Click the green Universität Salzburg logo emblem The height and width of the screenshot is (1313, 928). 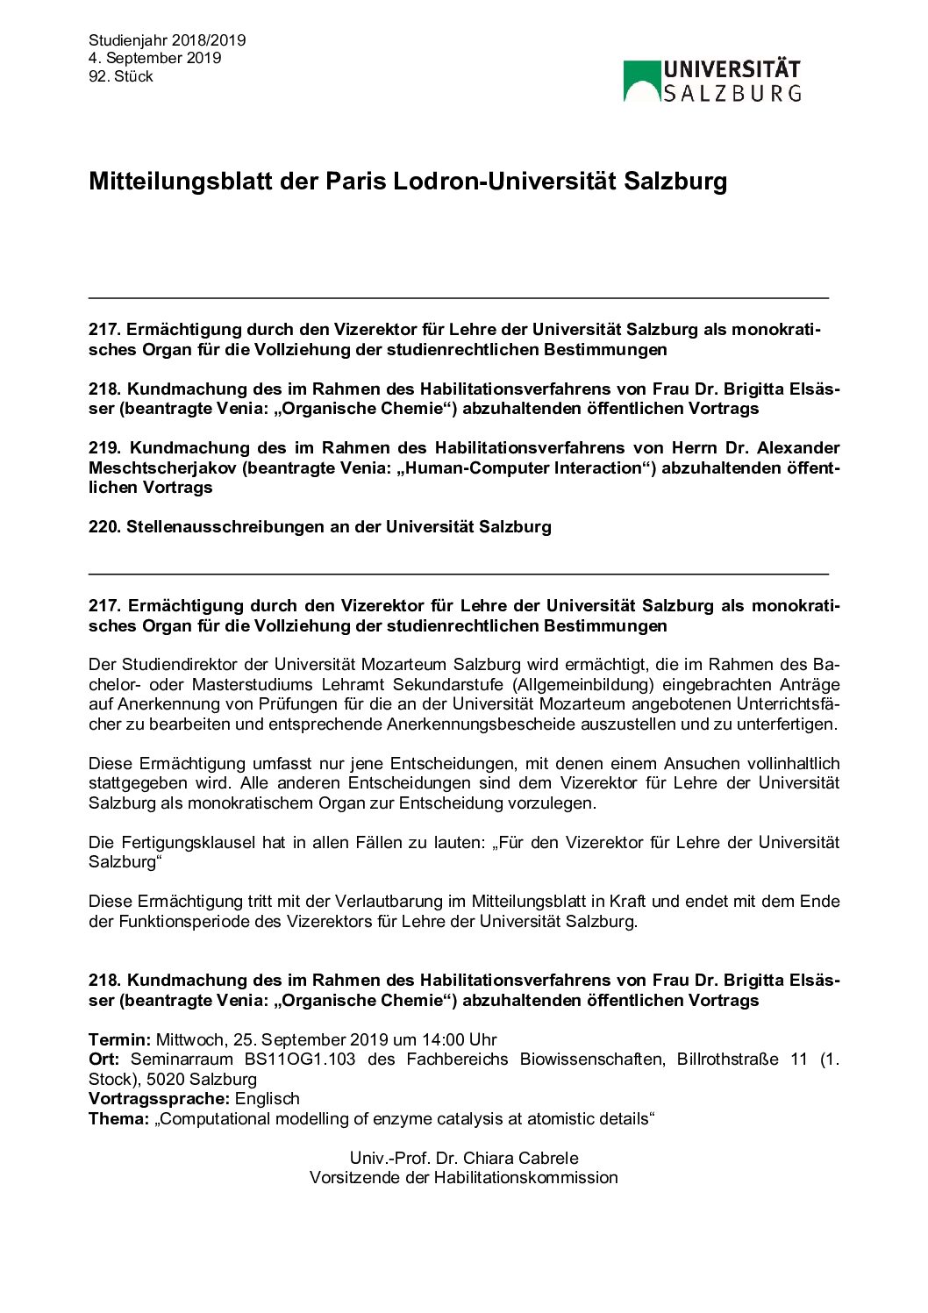coord(641,81)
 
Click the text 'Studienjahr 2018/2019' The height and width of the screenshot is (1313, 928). coord(167,40)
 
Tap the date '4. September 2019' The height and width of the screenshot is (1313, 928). coord(154,59)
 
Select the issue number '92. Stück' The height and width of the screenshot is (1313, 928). coord(121,77)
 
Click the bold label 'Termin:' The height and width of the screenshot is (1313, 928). coord(120,1040)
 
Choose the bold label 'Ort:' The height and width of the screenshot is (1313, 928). coord(104,1060)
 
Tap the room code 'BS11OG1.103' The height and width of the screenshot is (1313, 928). coord(300,1060)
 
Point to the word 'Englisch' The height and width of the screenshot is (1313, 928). coord(268,1099)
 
